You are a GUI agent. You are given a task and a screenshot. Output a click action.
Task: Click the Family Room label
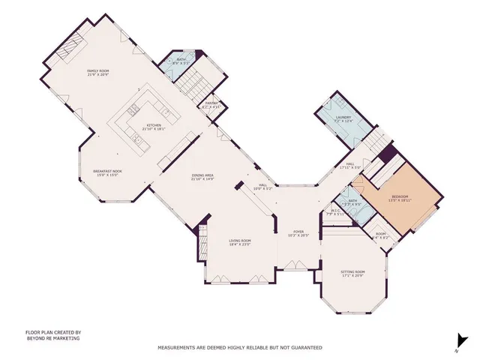(99, 72)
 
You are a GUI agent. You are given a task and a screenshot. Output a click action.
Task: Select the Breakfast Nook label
(107, 173)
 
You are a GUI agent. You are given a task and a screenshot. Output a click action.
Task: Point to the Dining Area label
(203, 177)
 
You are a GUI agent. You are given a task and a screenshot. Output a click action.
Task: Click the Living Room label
(240, 242)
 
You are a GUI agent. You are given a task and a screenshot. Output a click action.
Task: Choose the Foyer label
(299, 233)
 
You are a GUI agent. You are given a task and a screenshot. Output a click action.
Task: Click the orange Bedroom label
(399, 198)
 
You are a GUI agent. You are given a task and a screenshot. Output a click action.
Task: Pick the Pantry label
(211, 105)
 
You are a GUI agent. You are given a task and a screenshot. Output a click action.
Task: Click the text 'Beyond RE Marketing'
(52, 338)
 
